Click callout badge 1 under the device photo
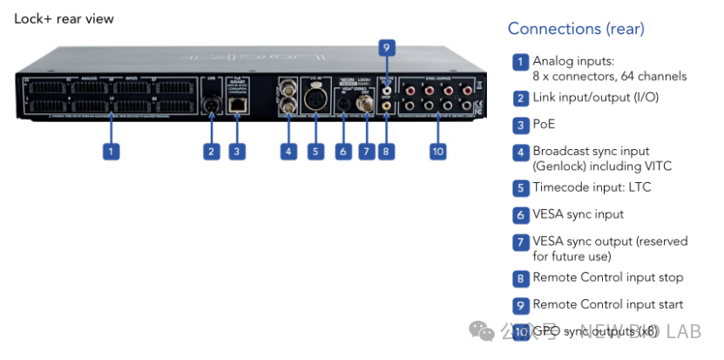111,151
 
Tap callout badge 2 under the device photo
211,151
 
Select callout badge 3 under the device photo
236,151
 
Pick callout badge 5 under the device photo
315,151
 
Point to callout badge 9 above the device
387,48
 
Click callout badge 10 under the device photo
438,151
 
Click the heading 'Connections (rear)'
576,29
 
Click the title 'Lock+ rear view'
64,18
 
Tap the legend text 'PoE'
544,125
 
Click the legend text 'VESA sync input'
579,214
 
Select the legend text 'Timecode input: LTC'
592,187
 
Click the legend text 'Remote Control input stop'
608,277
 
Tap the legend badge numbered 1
520,61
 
